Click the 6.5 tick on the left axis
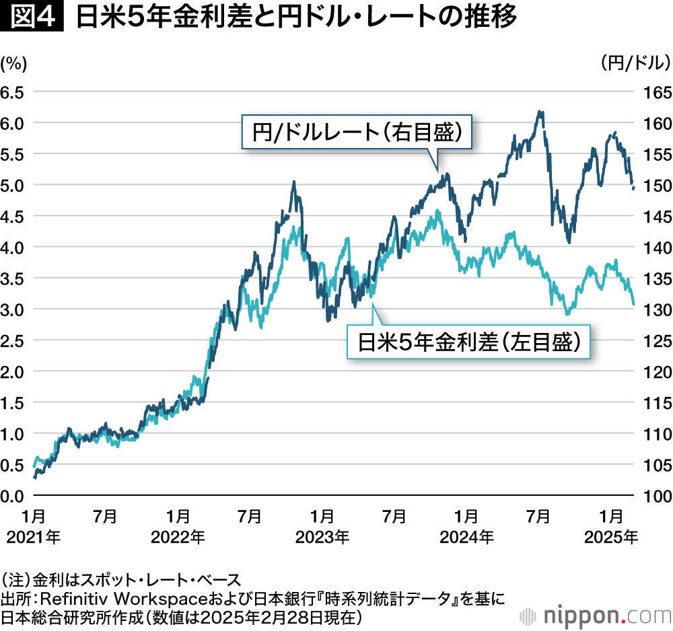coord(13,91)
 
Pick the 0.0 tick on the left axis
coord(13,496)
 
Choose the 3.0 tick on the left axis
coord(13,309)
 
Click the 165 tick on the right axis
coord(657,91)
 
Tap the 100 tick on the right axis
coord(657,496)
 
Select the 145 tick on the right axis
coord(657,216)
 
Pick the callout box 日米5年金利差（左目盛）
coord(468,342)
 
